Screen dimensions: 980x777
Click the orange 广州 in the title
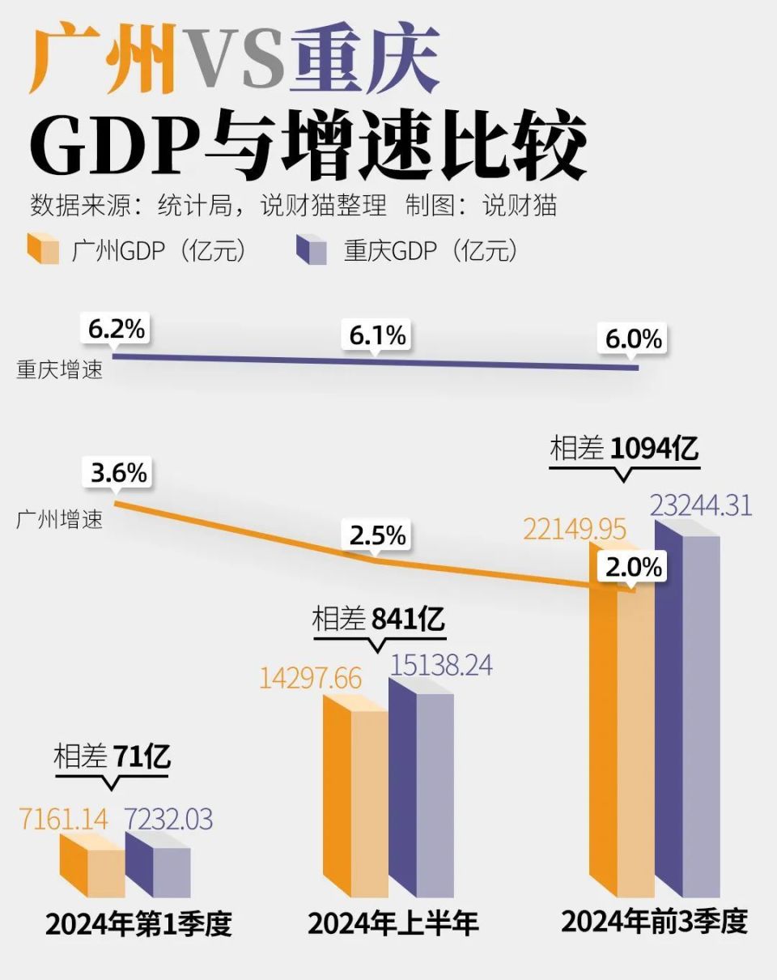point(102,60)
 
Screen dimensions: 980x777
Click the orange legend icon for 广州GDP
point(43,249)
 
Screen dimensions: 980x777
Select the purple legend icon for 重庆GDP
point(312,249)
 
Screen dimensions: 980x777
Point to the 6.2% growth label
point(117,330)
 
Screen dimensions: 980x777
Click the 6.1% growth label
point(377,334)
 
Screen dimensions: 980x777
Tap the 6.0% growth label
point(634,339)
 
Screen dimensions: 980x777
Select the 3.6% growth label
point(119,473)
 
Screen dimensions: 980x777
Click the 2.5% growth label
point(377,535)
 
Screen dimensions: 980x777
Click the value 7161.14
point(62,819)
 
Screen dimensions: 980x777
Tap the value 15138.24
point(441,665)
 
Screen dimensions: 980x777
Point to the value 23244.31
point(701,505)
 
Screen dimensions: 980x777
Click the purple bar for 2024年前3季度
point(686,713)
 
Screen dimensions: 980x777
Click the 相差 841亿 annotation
point(378,620)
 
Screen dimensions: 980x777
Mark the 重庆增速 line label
point(59,373)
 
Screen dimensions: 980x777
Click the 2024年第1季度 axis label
point(138,924)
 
